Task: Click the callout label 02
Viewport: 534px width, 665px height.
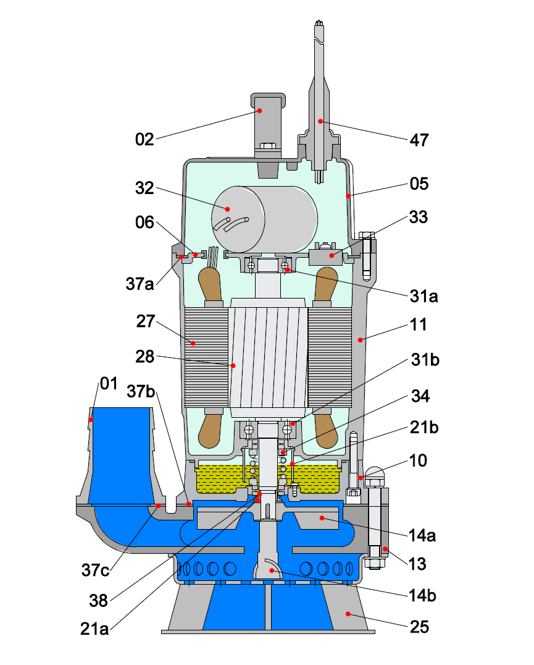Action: pos(144,139)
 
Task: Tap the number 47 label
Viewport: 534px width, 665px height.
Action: pos(419,140)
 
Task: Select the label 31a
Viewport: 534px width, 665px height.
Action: pos(423,296)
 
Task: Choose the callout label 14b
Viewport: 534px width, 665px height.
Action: pos(423,597)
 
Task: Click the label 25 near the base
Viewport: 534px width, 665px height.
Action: pos(419,627)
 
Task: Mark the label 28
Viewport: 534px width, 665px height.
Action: pos(144,357)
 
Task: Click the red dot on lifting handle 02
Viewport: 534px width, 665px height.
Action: pos(260,111)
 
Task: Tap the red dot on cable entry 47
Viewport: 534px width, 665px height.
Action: pos(320,121)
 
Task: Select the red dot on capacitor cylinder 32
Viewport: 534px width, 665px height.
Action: pos(228,209)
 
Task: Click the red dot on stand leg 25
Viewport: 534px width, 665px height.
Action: pos(348,614)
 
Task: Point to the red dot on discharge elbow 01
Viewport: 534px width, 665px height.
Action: pos(91,420)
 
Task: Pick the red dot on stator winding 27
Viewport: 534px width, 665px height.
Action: pos(193,342)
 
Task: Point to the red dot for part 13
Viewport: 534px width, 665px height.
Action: pos(383,549)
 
